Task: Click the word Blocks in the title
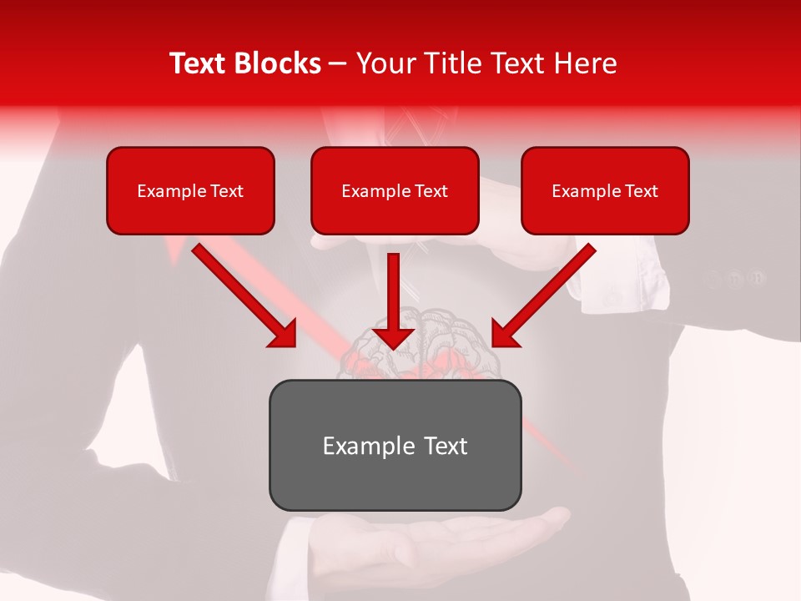click(x=278, y=63)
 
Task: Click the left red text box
click(x=190, y=191)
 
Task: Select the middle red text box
click(x=395, y=191)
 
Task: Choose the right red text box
click(x=605, y=191)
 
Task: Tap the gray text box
click(x=395, y=445)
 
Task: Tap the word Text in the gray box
click(x=446, y=446)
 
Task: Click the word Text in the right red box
click(x=642, y=191)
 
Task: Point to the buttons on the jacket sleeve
click(x=734, y=278)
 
